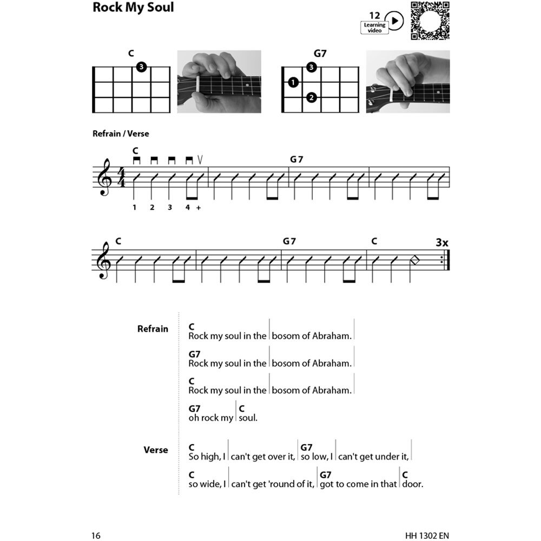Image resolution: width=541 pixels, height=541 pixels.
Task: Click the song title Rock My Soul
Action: (x=133, y=8)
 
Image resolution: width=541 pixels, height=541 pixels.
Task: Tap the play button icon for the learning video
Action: (x=396, y=21)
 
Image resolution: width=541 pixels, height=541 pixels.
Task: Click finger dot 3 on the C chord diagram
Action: (x=141, y=67)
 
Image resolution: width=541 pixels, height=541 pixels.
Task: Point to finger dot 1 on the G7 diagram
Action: (x=293, y=83)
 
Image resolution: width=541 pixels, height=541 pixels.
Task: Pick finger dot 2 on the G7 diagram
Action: (x=311, y=98)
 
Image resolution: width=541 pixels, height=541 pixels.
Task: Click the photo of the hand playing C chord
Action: (x=219, y=82)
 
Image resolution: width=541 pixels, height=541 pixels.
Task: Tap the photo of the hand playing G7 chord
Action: (x=408, y=82)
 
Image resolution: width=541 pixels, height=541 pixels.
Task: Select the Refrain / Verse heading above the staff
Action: (x=121, y=134)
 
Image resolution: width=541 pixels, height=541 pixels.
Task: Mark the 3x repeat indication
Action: (x=442, y=243)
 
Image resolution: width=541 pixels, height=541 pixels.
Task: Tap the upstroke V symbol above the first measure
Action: (x=200, y=159)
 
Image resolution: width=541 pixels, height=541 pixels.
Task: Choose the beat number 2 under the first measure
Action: (x=153, y=207)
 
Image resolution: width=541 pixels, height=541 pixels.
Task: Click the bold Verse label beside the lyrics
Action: (x=156, y=450)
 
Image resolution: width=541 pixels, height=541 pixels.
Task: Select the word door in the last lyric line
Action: (x=413, y=484)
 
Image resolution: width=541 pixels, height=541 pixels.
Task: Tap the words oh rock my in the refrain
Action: (x=211, y=418)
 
